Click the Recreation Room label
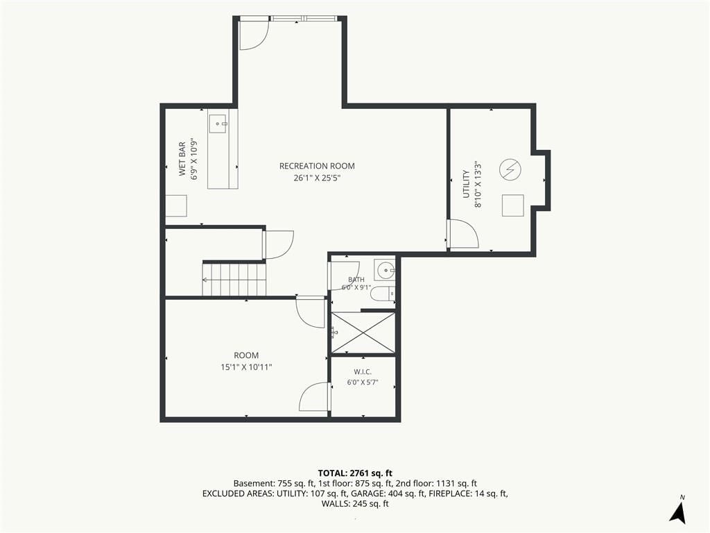(x=317, y=166)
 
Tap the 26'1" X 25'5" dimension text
(x=317, y=178)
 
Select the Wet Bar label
(x=182, y=159)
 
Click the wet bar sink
(x=218, y=124)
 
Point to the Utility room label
(x=466, y=183)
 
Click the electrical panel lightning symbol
(x=510, y=169)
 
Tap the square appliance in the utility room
(x=513, y=205)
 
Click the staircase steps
(x=234, y=280)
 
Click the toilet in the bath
(x=383, y=294)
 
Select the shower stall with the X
(x=363, y=332)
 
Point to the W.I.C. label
(x=363, y=372)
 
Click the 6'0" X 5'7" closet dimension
(x=363, y=382)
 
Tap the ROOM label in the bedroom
(x=246, y=355)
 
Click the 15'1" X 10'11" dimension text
(x=246, y=367)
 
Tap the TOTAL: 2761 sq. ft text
(x=355, y=474)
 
